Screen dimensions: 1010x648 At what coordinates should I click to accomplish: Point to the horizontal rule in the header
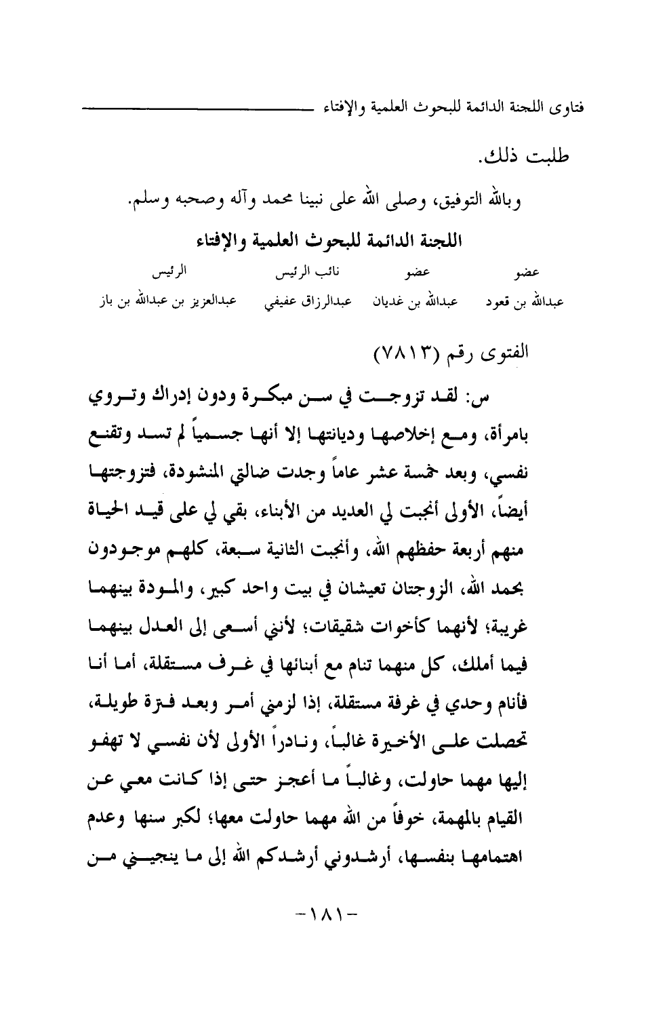[197, 108]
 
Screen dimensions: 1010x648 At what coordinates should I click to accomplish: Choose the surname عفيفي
[264, 300]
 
